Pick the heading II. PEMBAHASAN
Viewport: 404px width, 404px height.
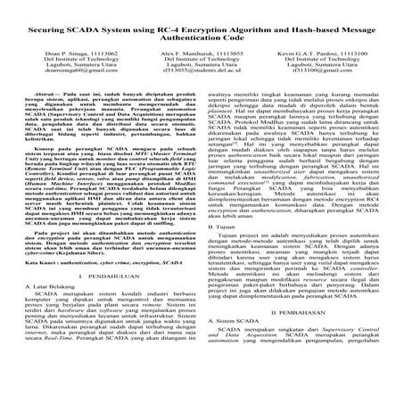(305, 363)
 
